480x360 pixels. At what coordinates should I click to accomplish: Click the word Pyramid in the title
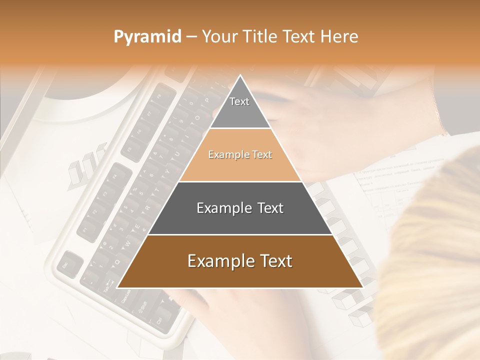coord(147,37)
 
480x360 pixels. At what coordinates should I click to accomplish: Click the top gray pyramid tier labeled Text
coord(239,107)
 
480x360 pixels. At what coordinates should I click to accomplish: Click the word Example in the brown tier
coord(217,261)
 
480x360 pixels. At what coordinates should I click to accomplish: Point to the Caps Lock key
coord(125,298)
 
